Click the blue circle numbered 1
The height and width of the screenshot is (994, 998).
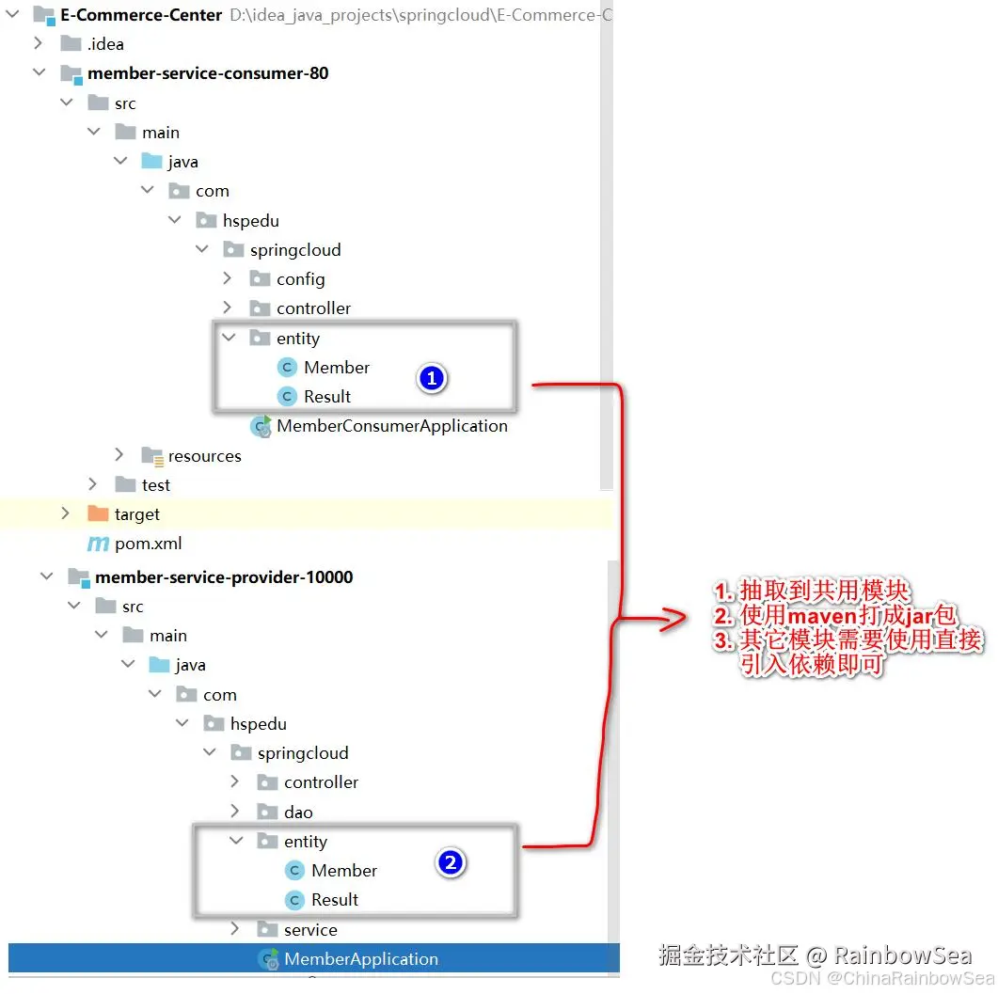(x=432, y=379)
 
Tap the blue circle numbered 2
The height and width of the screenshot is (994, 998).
(x=451, y=863)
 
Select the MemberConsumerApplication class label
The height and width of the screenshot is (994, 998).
(x=392, y=426)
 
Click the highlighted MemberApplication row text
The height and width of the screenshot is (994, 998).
(x=361, y=959)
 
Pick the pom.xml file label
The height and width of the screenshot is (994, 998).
(x=149, y=544)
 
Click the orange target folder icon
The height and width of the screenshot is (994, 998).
(x=98, y=513)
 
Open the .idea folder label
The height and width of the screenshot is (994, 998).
(x=105, y=44)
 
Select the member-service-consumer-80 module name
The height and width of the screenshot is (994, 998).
(x=208, y=73)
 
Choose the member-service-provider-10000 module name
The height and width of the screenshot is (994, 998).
(x=224, y=577)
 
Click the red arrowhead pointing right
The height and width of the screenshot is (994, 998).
(x=673, y=618)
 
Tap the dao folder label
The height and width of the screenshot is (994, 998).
(x=298, y=812)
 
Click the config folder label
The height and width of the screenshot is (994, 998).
(x=301, y=279)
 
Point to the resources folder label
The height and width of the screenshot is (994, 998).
(x=205, y=456)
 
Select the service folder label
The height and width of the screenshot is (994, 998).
(x=310, y=930)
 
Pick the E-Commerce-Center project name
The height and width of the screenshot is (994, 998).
(x=141, y=15)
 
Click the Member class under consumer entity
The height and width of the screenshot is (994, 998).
(x=337, y=367)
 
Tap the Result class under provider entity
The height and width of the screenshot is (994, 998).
(x=335, y=900)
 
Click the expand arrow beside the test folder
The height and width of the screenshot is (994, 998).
(x=93, y=484)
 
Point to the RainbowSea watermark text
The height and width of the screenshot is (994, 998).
(x=903, y=955)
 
